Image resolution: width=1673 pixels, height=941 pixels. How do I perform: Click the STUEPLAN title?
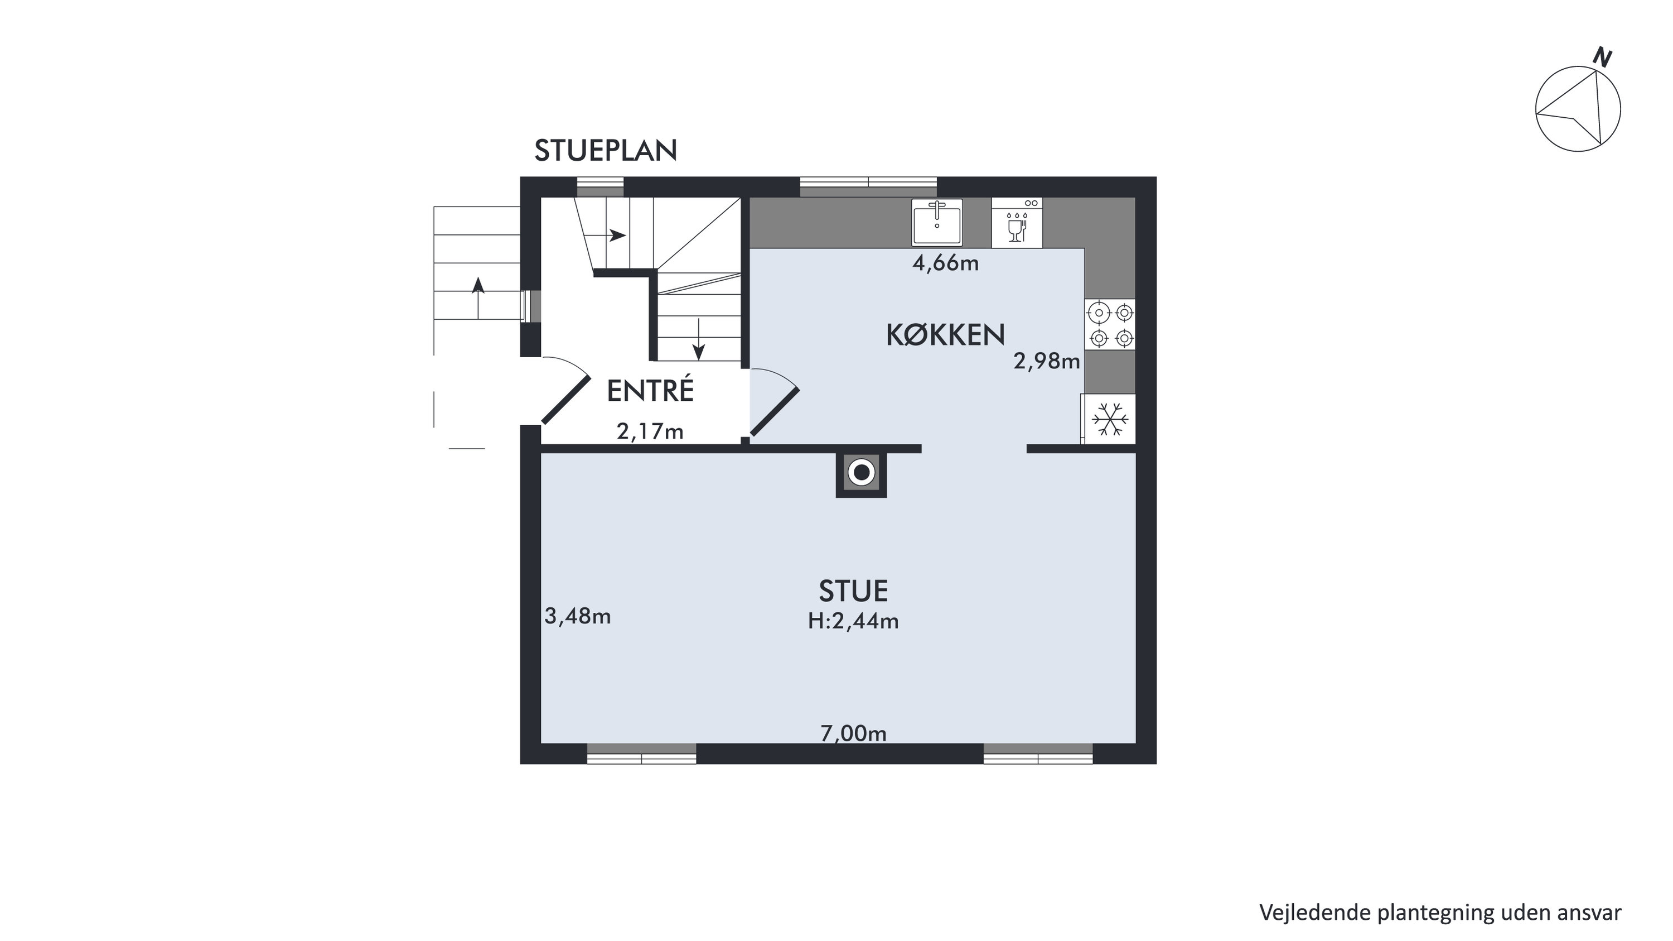point(605,151)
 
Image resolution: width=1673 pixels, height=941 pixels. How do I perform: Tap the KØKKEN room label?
point(945,335)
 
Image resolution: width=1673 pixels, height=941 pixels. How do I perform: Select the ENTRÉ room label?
point(650,391)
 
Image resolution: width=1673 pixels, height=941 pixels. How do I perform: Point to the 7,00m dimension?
point(853,734)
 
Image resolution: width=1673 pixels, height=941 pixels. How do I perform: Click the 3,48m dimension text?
point(577,616)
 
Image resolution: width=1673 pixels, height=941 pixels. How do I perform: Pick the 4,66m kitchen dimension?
point(945,263)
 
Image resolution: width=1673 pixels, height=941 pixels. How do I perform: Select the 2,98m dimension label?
point(1046,361)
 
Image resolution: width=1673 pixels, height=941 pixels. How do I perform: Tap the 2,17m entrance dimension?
point(650,431)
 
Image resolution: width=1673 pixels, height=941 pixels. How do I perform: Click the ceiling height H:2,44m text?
point(853,621)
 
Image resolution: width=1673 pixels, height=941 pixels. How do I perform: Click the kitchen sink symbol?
point(937,222)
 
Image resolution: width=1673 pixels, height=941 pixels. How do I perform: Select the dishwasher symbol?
point(1017,223)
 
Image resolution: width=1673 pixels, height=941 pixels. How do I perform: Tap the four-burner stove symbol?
point(1110,325)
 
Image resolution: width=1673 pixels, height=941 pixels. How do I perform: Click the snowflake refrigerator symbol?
point(1109,419)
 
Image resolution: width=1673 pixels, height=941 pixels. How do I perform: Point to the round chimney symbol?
point(862,472)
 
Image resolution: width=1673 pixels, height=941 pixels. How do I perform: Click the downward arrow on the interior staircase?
point(699,339)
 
